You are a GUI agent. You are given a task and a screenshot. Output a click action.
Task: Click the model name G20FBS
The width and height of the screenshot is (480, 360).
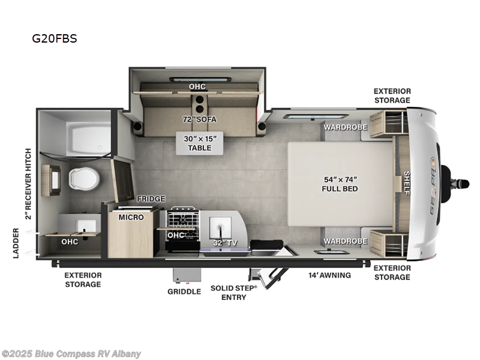coord(55,39)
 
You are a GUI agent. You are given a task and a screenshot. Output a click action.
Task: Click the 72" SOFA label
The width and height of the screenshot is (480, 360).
coord(200,119)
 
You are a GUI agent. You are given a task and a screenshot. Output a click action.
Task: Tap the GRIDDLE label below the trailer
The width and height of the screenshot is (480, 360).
coord(184,292)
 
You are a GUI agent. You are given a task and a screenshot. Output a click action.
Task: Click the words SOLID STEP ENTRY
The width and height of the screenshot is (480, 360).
coord(233,292)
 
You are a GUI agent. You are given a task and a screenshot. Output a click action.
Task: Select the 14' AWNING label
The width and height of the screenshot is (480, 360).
coord(329,275)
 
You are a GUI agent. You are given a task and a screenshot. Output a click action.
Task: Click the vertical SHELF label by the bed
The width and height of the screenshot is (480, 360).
coord(406,184)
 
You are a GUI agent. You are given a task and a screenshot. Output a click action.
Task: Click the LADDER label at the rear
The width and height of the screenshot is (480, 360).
coord(16,243)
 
